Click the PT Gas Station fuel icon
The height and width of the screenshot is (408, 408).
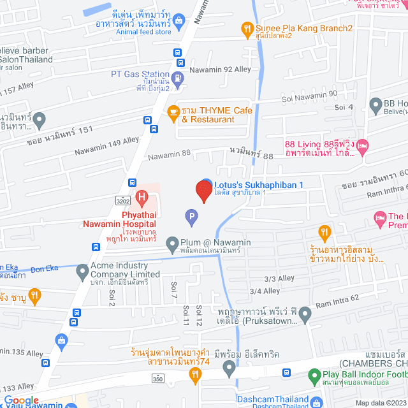pyautogui.click(x=178, y=78)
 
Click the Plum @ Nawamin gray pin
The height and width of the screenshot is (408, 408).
pyautogui.click(x=171, y=243)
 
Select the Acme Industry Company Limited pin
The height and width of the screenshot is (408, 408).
pyautogui.click(x=82, y=273)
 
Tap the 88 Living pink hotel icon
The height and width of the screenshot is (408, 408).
pyautogui.click(x=363, y=148)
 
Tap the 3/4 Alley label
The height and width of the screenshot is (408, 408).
pyautogui.click(x=265, y=291)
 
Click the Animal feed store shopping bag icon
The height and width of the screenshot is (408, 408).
pyautogui.click(x=180, y=21)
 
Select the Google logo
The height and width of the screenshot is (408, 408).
pyautogui.click(x=22, y=400)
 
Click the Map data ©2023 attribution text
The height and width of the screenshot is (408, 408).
pyautogui.click(x=379, y=402)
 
